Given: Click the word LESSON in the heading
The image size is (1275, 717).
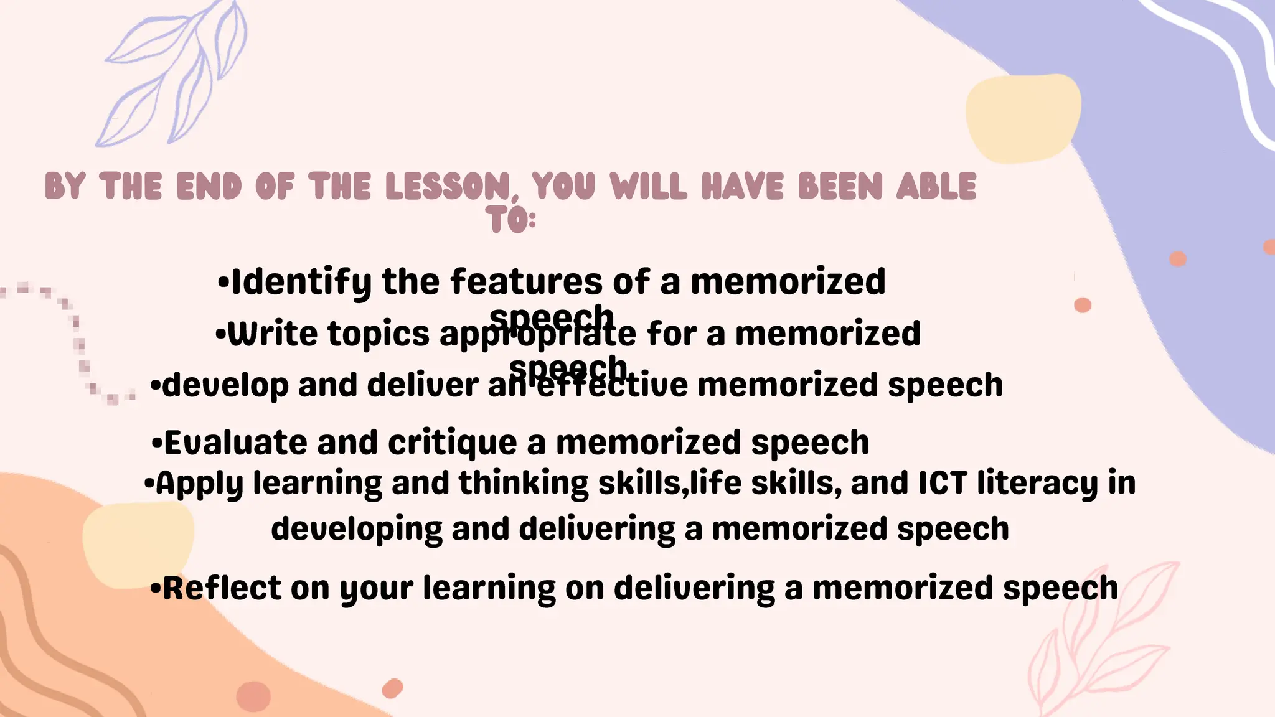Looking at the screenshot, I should [x=447, y=186].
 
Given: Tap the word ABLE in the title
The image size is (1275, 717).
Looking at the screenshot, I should [x=936, y=186].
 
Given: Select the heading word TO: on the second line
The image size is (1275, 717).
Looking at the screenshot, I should [x=510, y=220].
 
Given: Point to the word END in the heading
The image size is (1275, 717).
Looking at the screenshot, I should [x=209, y=186].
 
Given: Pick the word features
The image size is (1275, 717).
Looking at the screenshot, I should [x=526, y=281].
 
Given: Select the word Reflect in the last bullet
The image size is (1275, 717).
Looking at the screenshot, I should [x=222, y=588].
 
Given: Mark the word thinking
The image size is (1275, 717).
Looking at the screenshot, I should [x=524, y=484].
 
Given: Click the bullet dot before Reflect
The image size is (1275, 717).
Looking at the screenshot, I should [x=156, y=588].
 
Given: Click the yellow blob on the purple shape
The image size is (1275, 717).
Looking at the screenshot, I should [x=1022, y=118].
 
